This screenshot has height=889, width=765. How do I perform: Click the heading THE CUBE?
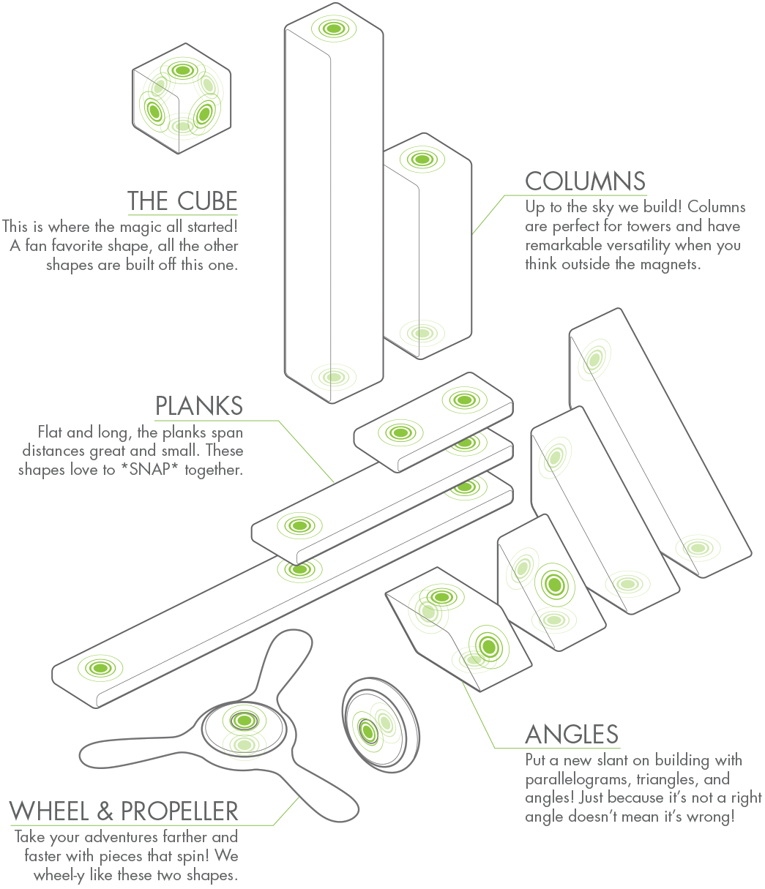pos(182,201)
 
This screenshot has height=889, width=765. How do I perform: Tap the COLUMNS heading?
pos(585,181)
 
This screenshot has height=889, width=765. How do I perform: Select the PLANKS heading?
pos(199,405)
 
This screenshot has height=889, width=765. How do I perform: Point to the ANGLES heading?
pos(572,734)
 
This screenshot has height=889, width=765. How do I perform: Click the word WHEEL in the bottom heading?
pos(49,811)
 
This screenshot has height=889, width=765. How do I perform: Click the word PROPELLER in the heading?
pos(179,811)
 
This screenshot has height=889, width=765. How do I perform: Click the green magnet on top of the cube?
pos(182,70)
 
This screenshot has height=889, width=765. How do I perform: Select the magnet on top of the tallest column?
pos(333,29)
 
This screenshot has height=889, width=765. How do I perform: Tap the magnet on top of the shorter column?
pos(422,159)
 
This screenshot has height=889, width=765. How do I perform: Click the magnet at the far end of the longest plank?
pos(100,668)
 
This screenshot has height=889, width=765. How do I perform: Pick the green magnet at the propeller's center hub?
pos(244,721)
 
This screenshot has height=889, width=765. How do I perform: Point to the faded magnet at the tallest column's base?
pos(333,378)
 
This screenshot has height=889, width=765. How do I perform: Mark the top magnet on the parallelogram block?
pos(441,597)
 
